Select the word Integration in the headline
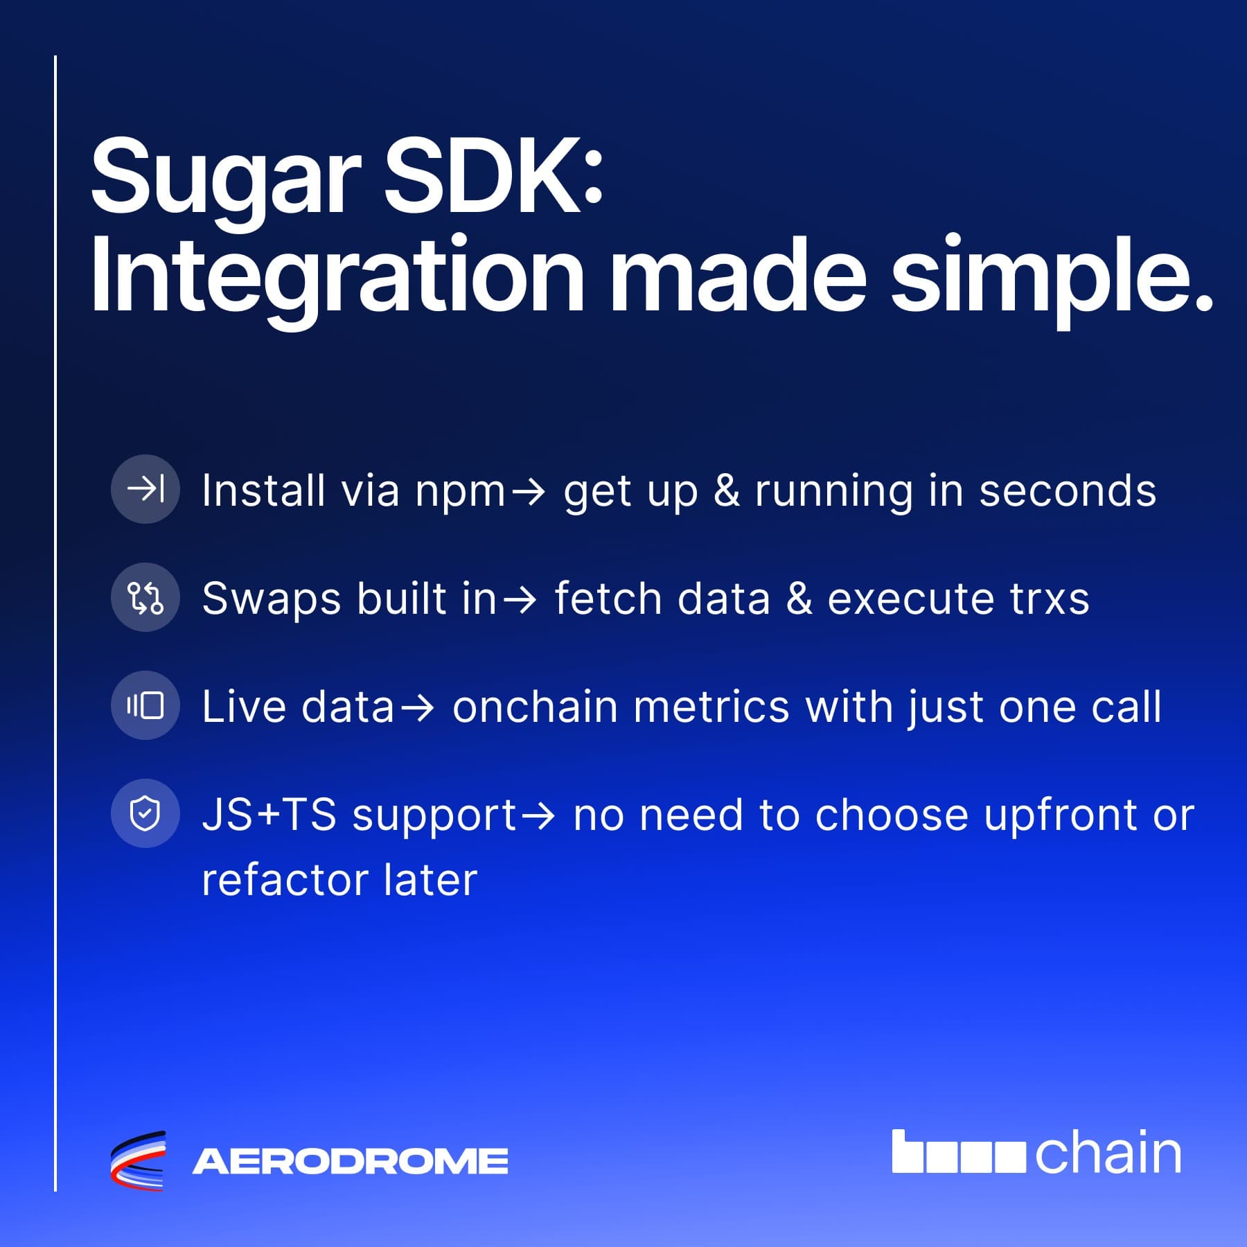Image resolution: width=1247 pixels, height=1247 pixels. [x=337, y=278]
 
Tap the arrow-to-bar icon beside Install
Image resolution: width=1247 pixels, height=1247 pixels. [x=145, y=489]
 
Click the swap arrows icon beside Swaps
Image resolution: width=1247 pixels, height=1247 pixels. [x=145, y=597]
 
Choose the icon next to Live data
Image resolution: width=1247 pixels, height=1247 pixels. [x=145, y=705]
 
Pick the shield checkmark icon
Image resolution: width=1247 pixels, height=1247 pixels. [x=145, y=813]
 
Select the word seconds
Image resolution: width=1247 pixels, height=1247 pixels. [x=1068, y=490]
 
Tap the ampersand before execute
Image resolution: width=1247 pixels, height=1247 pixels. [x=799, y=599]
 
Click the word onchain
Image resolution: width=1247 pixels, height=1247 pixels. [x=535, y=707]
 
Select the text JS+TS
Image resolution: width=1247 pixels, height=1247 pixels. [x=269, y=815]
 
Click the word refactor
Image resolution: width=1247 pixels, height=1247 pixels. [x=285, y=880]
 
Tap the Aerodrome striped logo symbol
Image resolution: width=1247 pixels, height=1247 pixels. [x=139, y=1160]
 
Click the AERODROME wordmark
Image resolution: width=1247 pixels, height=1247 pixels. [x=350, y=1162]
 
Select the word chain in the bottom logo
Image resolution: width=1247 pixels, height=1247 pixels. [x=1108, y=1153]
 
